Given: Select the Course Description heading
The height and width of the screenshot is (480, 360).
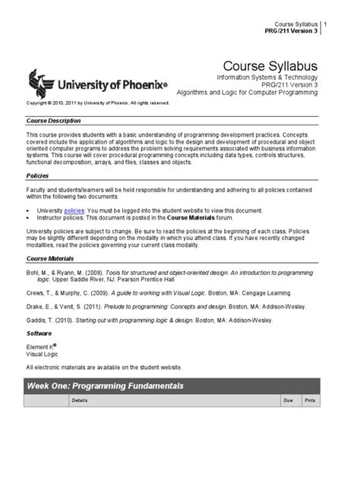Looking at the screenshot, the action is click(54, 120).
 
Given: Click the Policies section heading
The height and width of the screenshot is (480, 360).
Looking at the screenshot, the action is click(38, 174).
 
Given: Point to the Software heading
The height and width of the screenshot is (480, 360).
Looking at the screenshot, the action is click(39, 332).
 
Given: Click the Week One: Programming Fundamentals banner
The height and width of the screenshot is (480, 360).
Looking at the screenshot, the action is click(106, 385).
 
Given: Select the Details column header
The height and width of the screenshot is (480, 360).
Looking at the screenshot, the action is click(79, 399).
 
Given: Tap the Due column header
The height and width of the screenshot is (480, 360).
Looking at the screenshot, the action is click(288, 399).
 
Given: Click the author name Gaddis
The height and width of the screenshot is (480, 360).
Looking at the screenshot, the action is click(38, 321).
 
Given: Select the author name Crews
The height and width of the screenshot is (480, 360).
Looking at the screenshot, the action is click(37, 292).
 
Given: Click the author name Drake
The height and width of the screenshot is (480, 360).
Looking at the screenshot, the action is click(37, 306).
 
